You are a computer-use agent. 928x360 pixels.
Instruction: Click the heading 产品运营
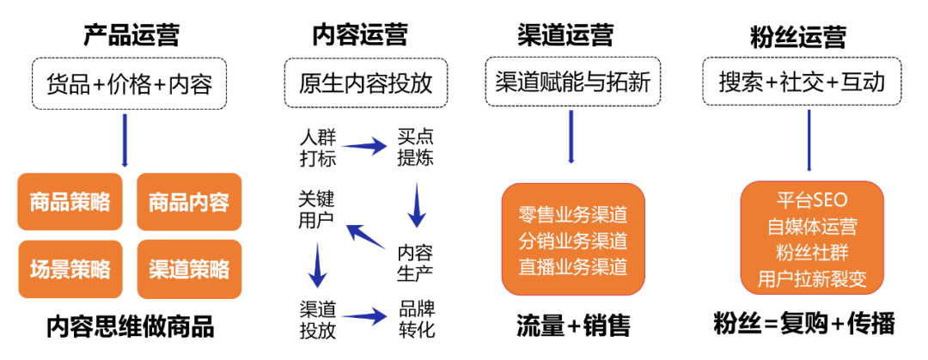(x=131, y=35)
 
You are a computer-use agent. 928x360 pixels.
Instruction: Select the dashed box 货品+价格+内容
(x=129, y=83)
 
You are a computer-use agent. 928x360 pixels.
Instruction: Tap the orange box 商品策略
(x=70, y=203)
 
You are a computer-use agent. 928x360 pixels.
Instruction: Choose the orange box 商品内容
(x=189, y=203)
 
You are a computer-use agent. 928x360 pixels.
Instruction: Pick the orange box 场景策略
(x=70, y=269)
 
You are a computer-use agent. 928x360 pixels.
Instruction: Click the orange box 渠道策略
(x=189, y=269)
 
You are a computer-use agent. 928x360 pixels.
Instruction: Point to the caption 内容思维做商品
(x=131, y=326)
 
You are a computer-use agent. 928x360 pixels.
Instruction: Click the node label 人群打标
(x=317, y=148)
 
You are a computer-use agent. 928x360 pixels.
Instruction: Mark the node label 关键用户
(x=317, y=209)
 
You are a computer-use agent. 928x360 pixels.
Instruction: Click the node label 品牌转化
(x=417, y=319)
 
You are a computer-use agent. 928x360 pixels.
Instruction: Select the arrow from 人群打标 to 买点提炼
(x=365, y=148)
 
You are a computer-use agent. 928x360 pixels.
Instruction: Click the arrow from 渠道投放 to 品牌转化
(x=366, y=319)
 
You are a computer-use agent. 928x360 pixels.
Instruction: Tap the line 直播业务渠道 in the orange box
(x=572, y=265)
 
